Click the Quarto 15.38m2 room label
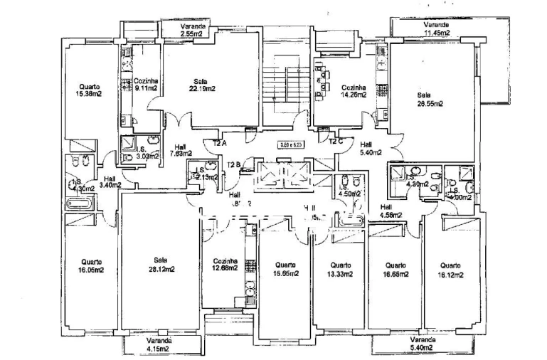90,89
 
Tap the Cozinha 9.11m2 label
145,85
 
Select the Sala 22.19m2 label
201,85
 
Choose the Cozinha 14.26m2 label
353,90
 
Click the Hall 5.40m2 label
371,148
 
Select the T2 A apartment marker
220,142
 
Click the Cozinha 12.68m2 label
224,265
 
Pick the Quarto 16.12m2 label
450,270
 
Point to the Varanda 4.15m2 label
158,345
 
